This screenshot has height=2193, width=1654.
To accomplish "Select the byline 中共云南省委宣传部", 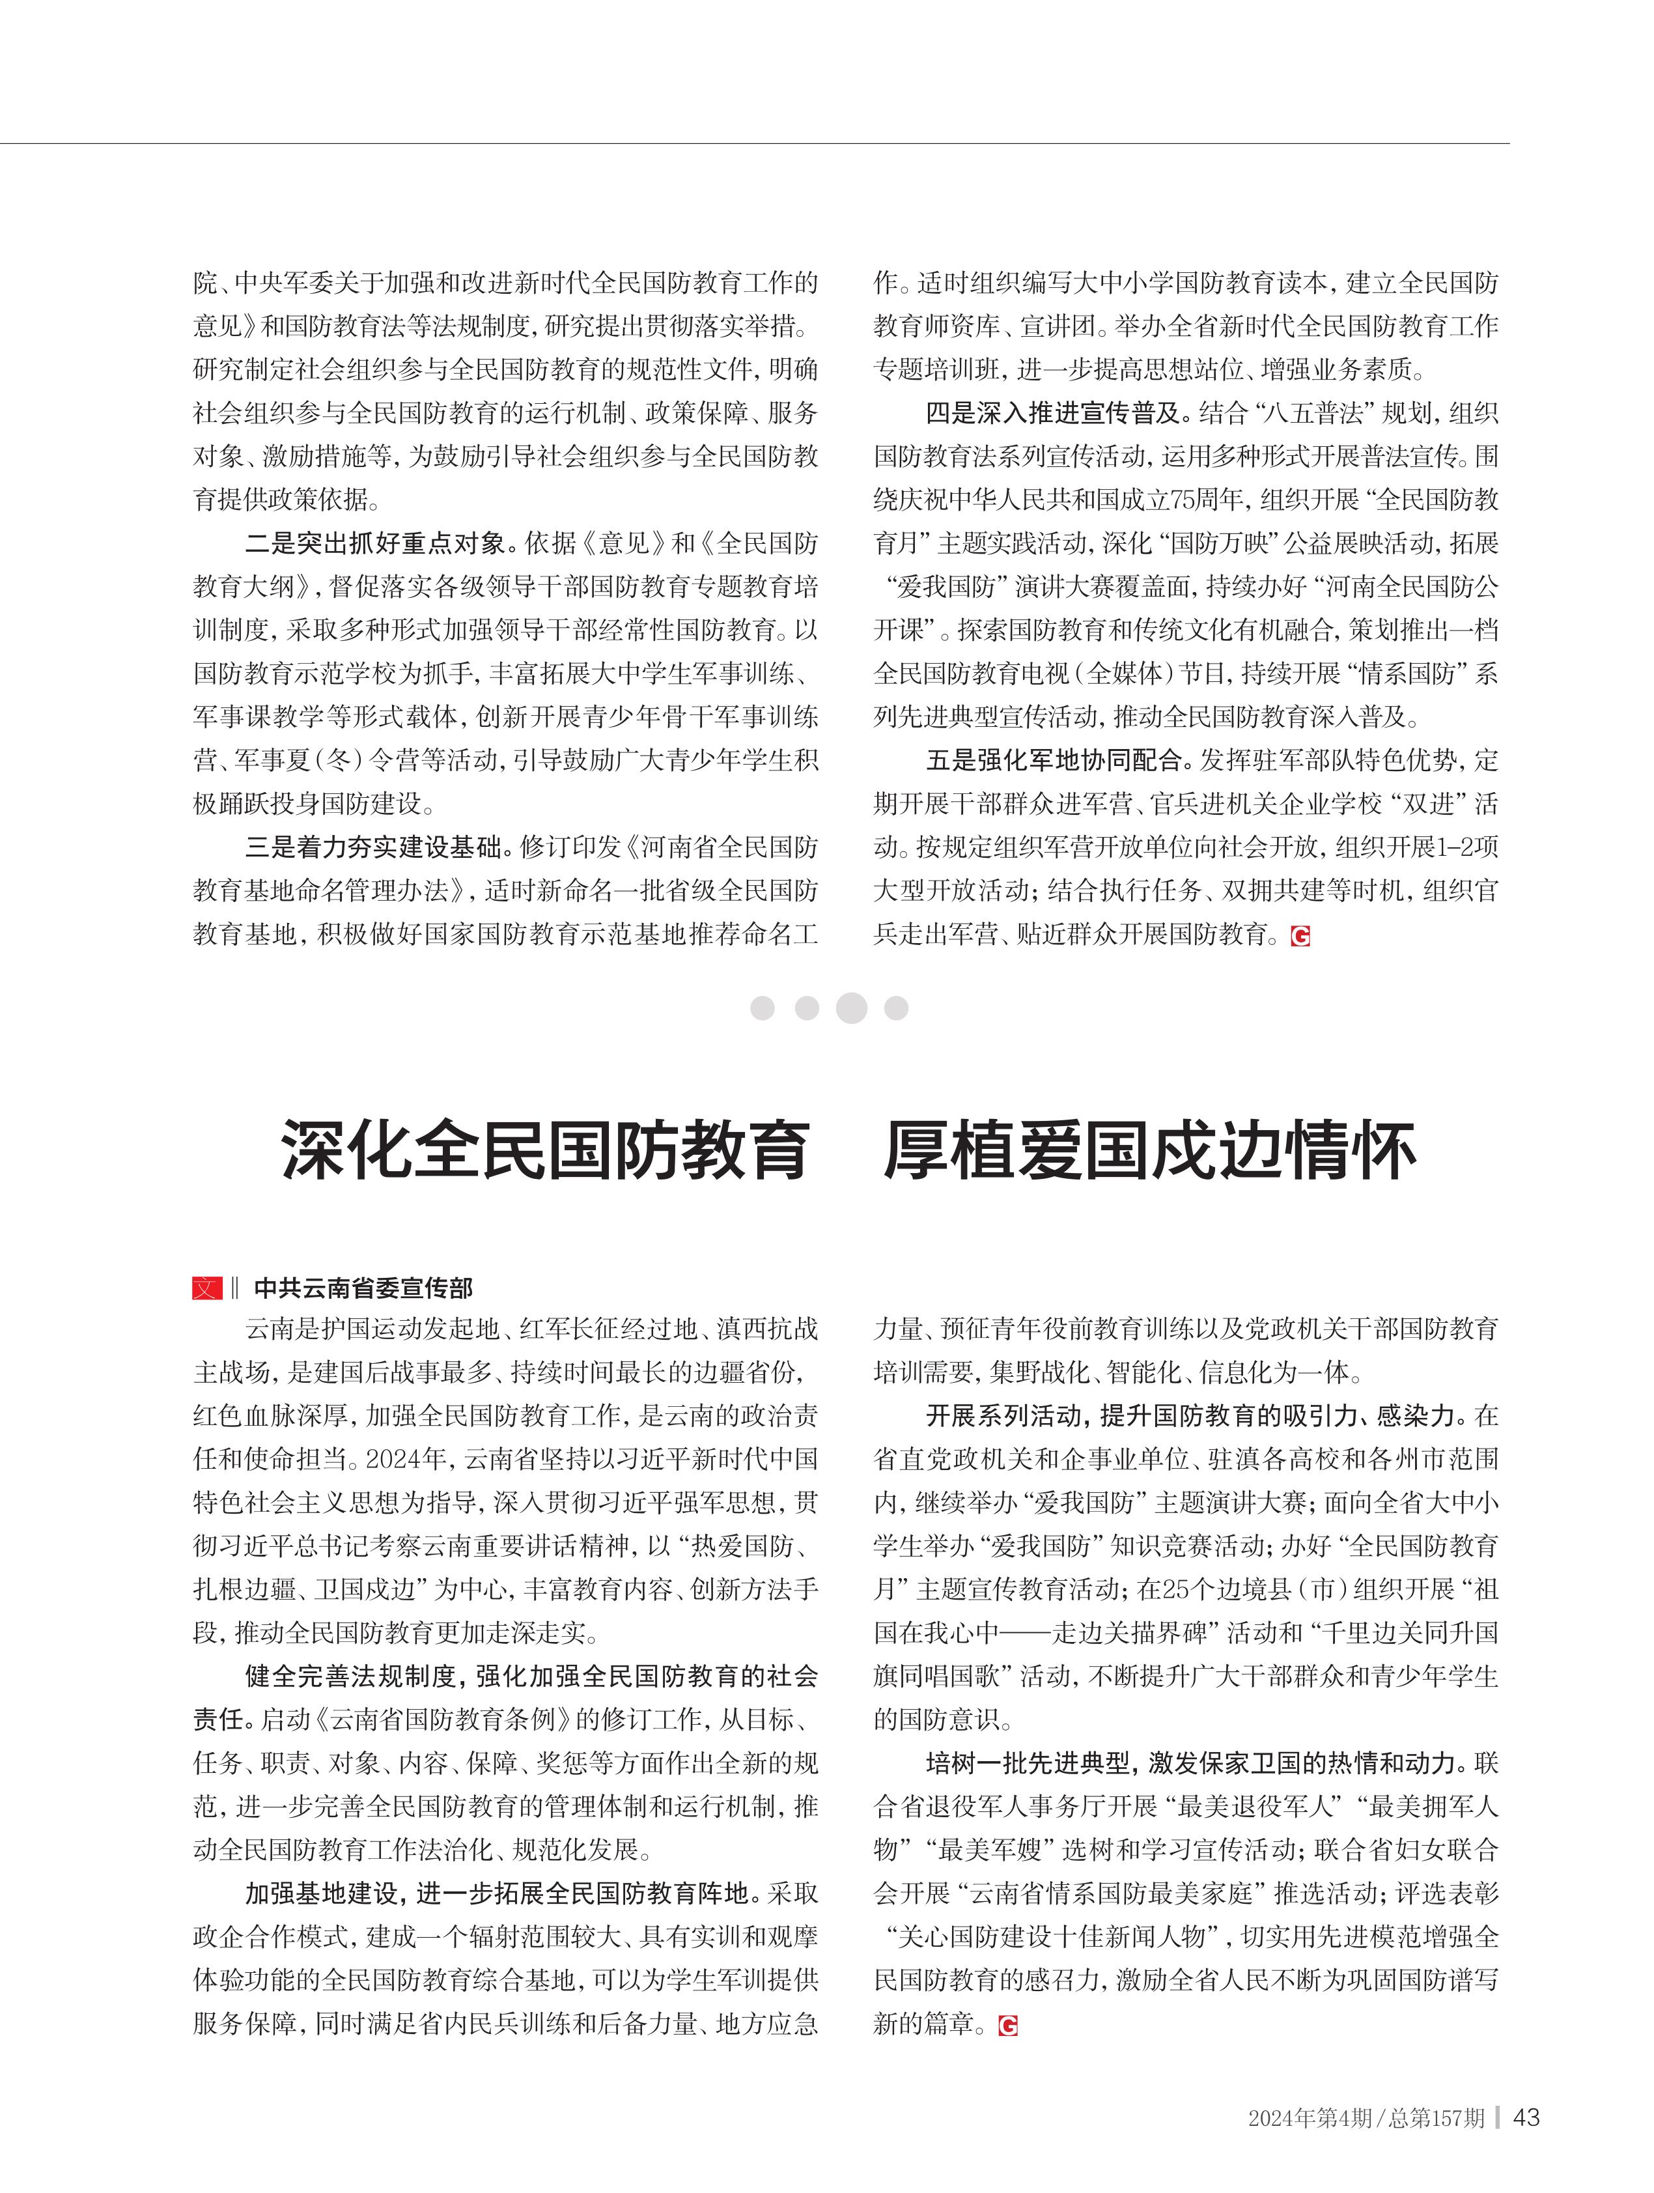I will point(364,1288).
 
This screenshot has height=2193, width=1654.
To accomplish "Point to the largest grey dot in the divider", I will point(851,1008).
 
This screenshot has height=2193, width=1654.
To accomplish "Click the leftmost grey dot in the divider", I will point(762,1008).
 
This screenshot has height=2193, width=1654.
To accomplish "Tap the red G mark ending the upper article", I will point(1300,935).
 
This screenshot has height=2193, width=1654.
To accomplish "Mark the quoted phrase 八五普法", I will point(1297,412).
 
